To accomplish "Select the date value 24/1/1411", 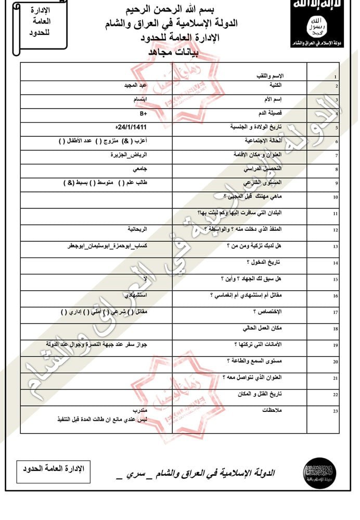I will tap(133, 126).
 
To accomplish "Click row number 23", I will tap(336, 411).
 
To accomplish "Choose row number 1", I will tap(336, 77).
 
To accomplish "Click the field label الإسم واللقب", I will tap(272, 75).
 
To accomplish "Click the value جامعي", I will tap(139, 169).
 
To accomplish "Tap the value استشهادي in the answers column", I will tap(137, 295).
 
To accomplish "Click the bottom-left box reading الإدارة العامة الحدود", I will tap(50, 469).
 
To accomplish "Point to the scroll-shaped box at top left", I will tap(37, 26).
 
